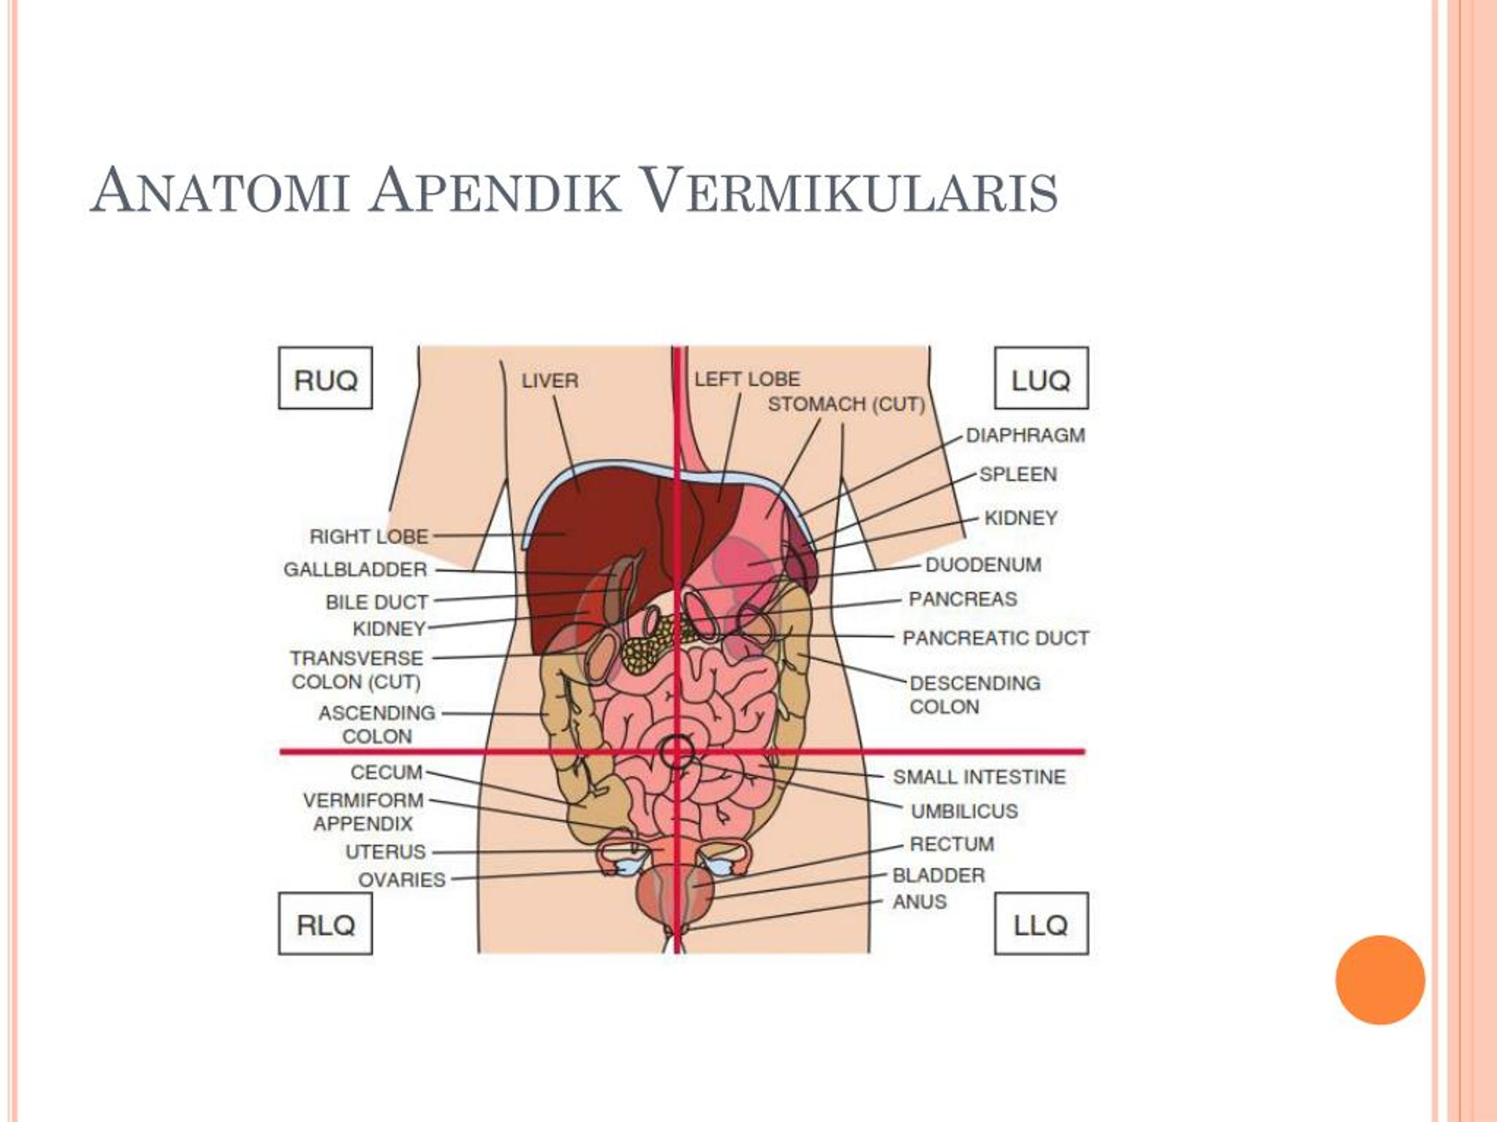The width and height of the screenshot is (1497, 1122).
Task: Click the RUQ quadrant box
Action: point(325,378)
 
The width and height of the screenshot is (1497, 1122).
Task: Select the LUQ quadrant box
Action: point(1041,378)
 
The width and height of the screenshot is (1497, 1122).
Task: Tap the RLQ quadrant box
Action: point(325,923)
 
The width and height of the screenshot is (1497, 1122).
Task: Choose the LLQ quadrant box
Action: point(1041,923)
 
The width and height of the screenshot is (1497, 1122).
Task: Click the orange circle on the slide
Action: point(1380,980)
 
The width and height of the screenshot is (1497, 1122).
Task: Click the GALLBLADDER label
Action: point(356,569)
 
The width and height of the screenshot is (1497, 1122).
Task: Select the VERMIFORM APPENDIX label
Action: point(363,812)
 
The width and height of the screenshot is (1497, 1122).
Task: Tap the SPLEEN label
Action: point(1018,474)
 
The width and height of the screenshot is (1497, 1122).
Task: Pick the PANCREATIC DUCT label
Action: point(995,638)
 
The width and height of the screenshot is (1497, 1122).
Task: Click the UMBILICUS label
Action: point(964,811)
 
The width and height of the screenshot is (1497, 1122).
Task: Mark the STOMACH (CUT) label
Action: point(846,404)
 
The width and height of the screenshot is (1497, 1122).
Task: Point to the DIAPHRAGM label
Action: point(1025,435)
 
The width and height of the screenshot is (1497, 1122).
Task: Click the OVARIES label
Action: point(402,880)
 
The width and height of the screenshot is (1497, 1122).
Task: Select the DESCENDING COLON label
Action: point(975,695)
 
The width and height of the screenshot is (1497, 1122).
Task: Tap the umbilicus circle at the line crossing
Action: point(677,752)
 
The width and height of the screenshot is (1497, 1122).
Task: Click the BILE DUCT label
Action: point(377,602)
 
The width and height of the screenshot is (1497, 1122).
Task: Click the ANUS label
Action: point(920,902)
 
